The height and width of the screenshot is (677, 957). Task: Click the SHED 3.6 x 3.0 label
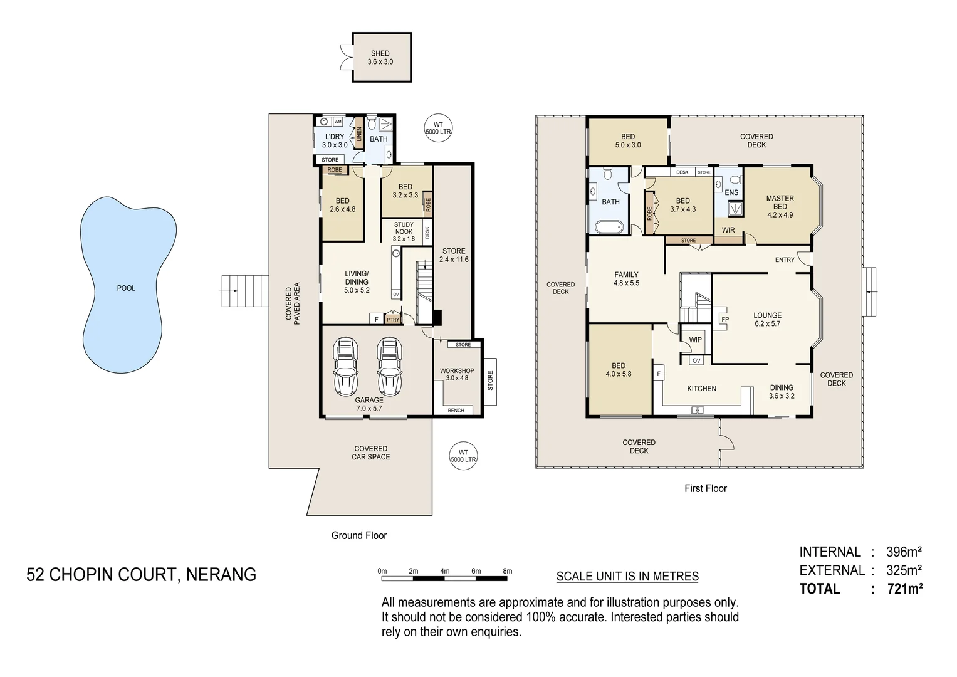point(380,58)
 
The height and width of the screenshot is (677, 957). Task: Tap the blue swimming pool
point(125,288)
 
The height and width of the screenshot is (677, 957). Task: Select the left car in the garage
point(346,367)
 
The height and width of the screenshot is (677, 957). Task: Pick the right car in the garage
point(389,367)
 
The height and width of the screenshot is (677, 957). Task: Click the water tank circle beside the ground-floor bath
point(438,129)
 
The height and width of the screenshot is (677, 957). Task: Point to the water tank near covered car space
point(463,456)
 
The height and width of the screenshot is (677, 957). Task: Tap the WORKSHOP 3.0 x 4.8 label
point(457,374)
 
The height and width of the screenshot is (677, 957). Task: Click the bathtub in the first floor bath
point(609,227)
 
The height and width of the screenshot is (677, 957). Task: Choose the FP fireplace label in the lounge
point(725,320)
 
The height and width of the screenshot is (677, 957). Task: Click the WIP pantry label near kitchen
point(695,340)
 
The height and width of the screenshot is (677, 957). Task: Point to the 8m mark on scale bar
point(507,571)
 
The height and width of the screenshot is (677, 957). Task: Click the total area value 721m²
point(904,589)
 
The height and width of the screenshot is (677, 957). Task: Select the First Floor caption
point(705,488)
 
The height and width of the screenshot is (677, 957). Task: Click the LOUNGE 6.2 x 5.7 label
point(767,320)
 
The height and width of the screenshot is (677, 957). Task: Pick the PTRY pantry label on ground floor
point(393,320)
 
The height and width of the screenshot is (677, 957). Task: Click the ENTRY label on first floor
point(784,260)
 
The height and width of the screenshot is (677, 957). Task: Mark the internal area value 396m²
point(903,552)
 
